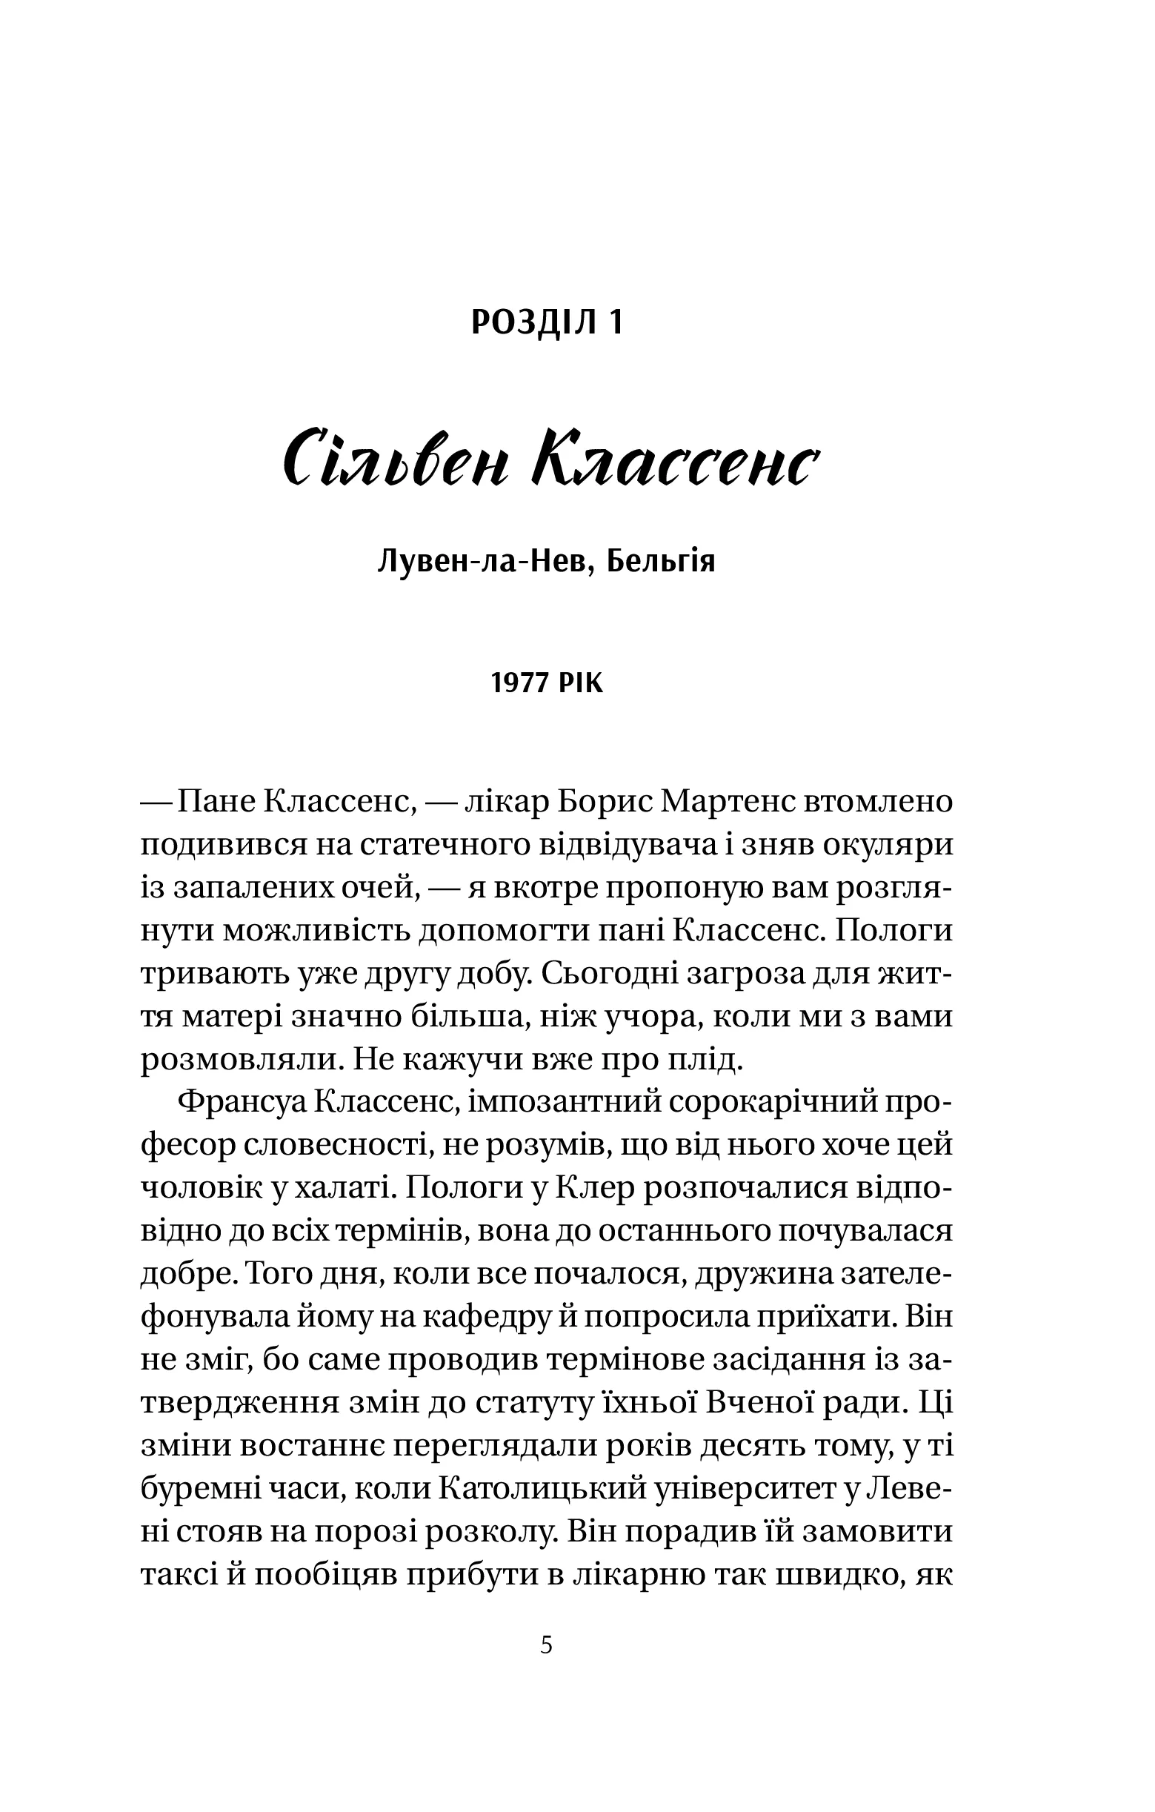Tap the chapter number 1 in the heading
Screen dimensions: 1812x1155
tap(616, 323)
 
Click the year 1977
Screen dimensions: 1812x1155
tap(520, 684)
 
